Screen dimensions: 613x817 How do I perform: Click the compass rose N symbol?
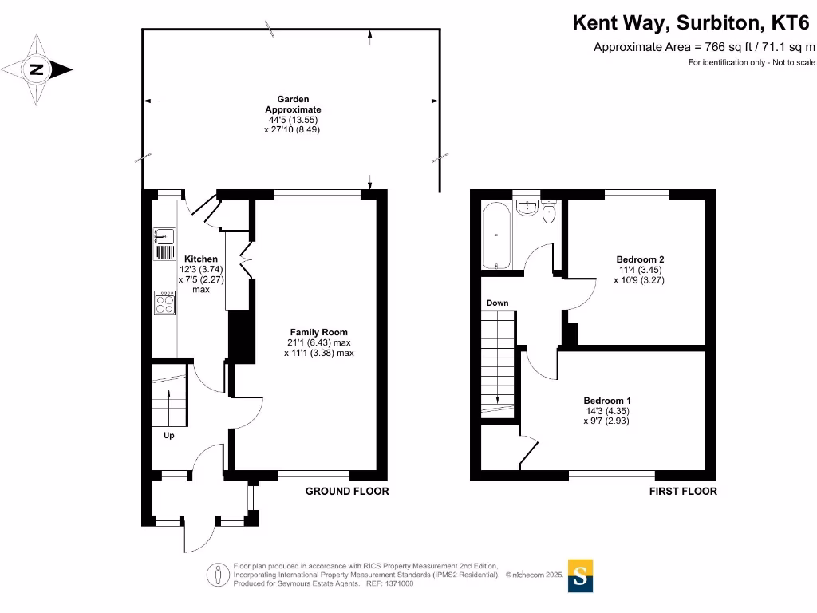37,70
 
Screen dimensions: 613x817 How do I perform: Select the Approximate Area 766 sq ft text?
704,47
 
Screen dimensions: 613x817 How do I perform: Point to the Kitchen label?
200,259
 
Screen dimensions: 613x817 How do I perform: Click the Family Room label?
318,332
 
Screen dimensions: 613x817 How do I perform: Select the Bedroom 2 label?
640,259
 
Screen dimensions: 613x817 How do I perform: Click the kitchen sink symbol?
165,237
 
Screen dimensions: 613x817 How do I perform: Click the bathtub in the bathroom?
495,236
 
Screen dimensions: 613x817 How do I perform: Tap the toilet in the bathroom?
549,213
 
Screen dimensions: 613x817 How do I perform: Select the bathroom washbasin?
526,209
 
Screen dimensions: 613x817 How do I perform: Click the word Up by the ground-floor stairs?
169,436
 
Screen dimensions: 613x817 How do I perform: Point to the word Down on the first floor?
497,303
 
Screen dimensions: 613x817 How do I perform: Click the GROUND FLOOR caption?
347,492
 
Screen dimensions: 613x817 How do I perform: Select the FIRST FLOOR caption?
682,492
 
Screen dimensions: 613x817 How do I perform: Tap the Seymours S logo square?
581,575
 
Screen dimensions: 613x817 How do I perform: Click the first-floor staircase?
497,359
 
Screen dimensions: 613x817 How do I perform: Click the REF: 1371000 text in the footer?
389,583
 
